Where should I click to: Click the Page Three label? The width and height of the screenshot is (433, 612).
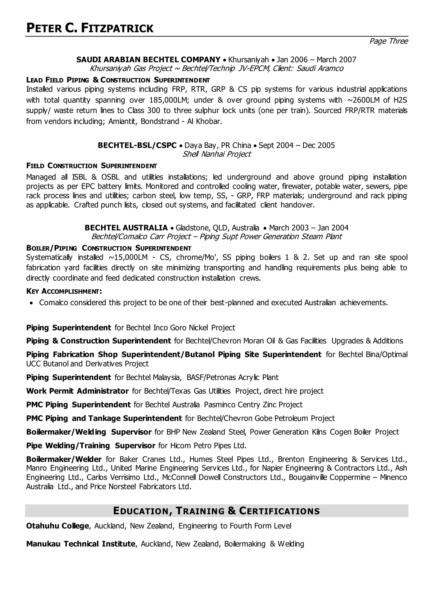click(x=388, y=41)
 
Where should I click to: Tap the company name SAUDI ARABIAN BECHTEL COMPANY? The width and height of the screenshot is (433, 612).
click(x=148, y=59)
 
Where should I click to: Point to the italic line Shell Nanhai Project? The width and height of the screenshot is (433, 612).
click(x=216, y=154)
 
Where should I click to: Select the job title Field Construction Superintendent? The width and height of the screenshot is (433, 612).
click(x=92, y=166)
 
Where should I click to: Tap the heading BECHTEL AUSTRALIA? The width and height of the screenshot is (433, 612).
click(x=126, y=228)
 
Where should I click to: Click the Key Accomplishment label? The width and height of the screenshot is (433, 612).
click(x=64, y=291)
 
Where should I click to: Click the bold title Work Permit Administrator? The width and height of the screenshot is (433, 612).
click(x=77, y=391)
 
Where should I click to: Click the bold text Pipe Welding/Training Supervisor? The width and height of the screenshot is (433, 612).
click(x=91, y=446)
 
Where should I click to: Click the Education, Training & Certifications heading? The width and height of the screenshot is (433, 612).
click(x=216, y=511)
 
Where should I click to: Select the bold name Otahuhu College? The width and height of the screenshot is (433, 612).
click(x=57, y=526)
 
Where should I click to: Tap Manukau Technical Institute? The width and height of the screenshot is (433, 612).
click(x=81, y=544)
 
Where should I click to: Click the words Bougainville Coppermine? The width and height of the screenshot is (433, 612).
click(x=330, y=477)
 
